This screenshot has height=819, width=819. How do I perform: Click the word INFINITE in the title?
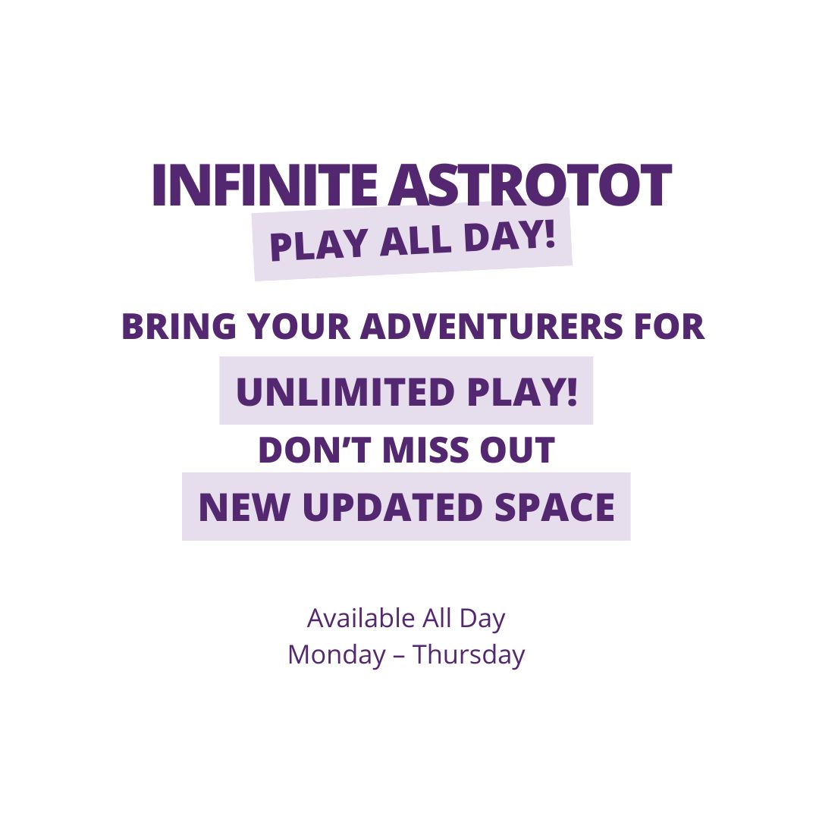point(265,185)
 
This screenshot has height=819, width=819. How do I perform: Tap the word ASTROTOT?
point(529,185)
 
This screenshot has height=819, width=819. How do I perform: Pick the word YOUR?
point(298,326)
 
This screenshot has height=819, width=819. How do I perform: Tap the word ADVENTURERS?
point(491,326)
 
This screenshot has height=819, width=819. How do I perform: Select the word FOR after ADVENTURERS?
point(670,326)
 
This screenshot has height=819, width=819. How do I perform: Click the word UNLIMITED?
point(345,391)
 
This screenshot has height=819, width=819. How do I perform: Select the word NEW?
point(244,507)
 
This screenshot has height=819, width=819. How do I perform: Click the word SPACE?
point(554,507)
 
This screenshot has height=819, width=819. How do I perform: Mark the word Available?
point(361,619)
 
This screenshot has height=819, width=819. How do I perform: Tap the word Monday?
point(337,655)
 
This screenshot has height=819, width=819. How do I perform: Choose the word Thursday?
point(469,655)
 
